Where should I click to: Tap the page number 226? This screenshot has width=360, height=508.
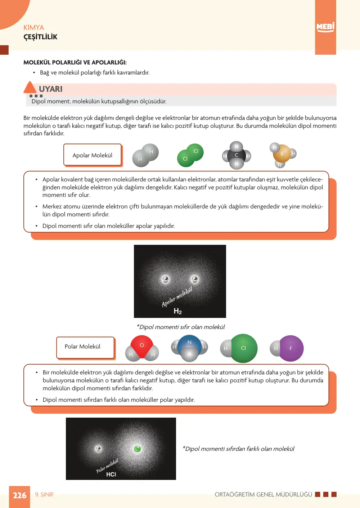point(20,495)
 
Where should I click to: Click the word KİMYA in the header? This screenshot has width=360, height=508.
point(34,27)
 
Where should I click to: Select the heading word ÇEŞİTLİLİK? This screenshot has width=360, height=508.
point(40,37)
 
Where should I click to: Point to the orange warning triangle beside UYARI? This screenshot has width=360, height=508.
point(30,88)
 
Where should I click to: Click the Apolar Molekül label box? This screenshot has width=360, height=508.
point(93,155)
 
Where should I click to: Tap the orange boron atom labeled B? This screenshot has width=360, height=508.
point(282,153)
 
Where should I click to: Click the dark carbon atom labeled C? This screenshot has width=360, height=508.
point(237,155)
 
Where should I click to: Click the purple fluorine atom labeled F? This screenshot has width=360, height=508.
point(292,349)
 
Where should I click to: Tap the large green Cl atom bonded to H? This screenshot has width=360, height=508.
point(243,348)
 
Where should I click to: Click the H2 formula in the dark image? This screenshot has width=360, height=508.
point(177,311)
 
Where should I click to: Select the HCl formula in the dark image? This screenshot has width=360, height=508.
point(111,474)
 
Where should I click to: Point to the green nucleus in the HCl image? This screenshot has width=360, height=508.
point(138,449)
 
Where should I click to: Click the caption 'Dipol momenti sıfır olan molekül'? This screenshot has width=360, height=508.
point(181,327)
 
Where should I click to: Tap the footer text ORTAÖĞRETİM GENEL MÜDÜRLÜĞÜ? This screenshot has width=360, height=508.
point(264,494)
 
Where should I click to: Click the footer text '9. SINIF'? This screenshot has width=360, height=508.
point(44,494)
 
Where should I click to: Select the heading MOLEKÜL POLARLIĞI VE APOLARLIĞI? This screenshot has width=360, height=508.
point(75,62)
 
